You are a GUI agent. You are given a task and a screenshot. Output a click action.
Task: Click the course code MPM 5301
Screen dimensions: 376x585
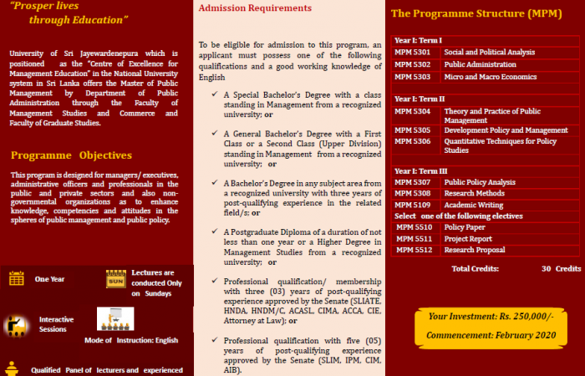tap(411, 53)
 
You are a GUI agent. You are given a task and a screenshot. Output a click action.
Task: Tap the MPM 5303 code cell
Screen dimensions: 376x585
tap(411, 77)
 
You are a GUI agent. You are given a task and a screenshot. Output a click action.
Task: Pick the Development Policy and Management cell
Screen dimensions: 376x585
tap(506, 130)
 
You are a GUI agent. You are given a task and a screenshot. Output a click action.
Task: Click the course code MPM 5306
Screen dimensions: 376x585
tap(411, 142)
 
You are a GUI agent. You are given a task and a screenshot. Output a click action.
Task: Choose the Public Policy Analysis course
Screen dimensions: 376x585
tap(480, 182)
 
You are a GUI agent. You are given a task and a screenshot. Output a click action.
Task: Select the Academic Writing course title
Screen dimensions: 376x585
tap(474, 204)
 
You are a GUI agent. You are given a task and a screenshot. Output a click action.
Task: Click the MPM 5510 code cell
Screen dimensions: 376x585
tap(413, 226)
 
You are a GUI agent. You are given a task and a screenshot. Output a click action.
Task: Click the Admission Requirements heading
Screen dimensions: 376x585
tap(255, 8)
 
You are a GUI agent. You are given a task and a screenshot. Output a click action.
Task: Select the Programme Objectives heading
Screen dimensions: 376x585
tap(72, 155)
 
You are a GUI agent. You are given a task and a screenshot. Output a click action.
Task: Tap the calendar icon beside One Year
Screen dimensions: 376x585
tap(16, 279)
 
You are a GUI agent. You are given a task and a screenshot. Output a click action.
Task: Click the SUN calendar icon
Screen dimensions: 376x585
tap(114, 279)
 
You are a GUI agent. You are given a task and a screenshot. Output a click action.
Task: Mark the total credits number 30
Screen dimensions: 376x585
tap(546, 268)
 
